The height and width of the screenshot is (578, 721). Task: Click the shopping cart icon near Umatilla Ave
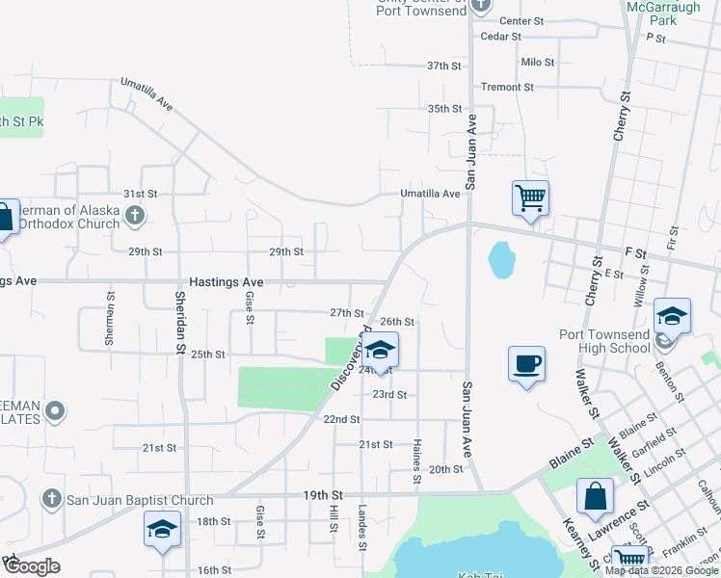click(x=530, y=198)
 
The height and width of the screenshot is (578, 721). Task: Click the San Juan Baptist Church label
click(x=139, y=500)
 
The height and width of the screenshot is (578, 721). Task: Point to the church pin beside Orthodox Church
click(x=135, y=216)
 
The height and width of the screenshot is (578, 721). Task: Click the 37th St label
click(x=444, y=66)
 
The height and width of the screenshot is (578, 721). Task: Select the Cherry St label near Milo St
click(x=623, y=117)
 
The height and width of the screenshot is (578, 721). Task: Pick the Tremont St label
click(x=507, y=87)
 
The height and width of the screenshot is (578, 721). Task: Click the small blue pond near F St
click(x=501, y=258)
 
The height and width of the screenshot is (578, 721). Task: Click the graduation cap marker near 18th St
click(x=162, y=529)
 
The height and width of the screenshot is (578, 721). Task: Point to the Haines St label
click(x=417, y=460)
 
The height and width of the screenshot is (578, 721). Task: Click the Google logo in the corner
click(x=31, y=566)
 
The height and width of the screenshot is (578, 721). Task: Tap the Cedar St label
click(x=500, y=37)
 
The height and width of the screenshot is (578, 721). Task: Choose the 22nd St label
click(x=341, y=420)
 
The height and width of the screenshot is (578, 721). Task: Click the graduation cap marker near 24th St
click(x=381, y=351)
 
